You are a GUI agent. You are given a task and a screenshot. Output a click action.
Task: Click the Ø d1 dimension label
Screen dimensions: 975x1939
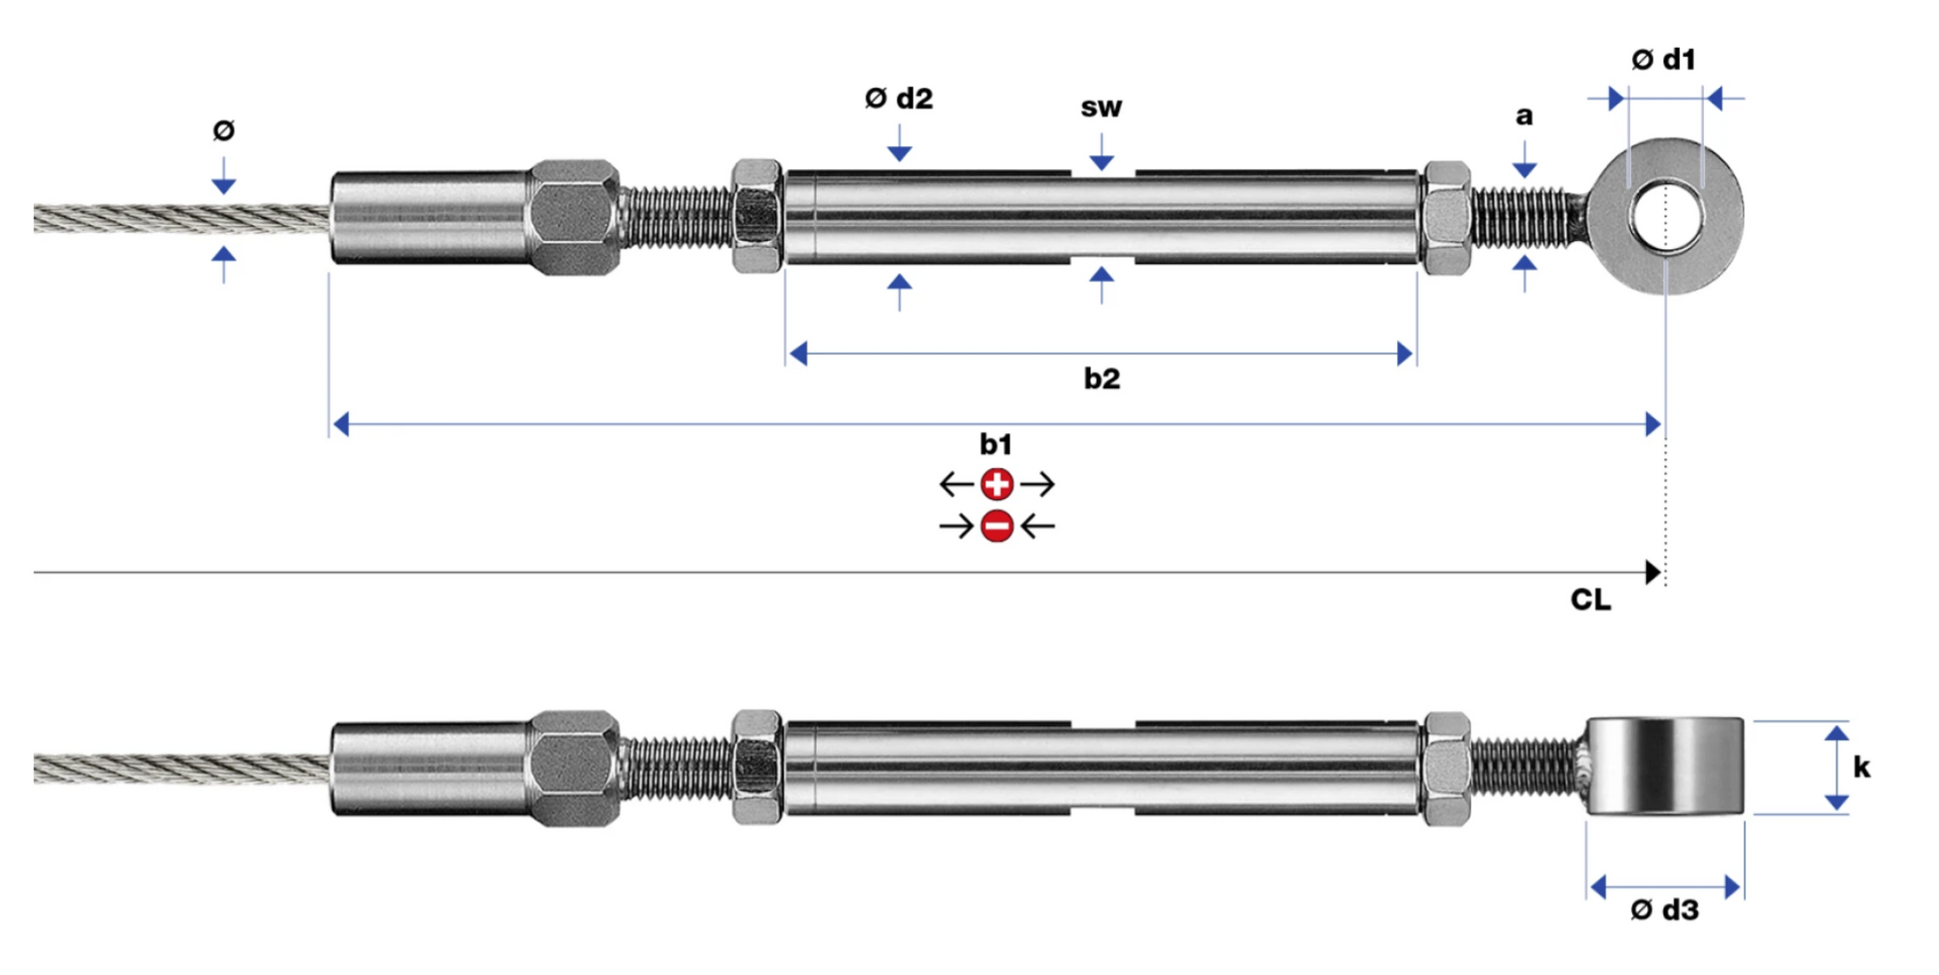click(x=1663, y=60)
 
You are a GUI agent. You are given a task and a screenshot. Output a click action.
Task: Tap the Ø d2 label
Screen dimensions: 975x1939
click(x=899, y=99)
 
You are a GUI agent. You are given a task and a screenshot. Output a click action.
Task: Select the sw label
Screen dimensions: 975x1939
click(x=1101, y=108)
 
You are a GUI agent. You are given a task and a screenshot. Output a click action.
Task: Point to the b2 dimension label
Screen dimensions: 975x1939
click(x=1102, y=378)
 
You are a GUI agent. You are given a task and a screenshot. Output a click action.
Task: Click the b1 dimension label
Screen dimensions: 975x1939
click(x=995, y=444)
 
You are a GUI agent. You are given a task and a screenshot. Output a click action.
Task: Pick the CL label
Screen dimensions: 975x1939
click(x=1590, y=600)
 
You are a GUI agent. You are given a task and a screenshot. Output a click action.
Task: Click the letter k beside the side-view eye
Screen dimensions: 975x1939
click(x=1861, y=767)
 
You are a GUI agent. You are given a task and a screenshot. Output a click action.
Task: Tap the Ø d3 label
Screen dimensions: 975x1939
click(x=1664, y=909)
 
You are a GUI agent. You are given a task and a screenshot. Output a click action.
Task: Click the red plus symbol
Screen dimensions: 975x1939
click(x=996, y=485)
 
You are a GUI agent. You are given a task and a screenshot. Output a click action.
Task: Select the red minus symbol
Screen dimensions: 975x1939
click(x=996, y=526)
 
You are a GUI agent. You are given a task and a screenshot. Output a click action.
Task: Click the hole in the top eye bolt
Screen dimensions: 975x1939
click(x=1666, y=214)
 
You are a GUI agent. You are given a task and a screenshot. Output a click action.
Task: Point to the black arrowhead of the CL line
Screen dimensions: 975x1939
click(x=1653, y=573)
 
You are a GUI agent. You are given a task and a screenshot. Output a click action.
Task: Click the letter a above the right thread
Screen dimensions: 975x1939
click(x=1523, y=117)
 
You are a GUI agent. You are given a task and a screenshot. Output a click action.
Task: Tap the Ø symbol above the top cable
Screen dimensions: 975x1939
click(x=224, y=130)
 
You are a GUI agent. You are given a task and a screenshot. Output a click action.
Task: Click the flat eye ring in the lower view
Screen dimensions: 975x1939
click(x=1665, y=767)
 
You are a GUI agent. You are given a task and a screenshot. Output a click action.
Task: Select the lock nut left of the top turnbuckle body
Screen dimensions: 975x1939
click(x=756, y=216)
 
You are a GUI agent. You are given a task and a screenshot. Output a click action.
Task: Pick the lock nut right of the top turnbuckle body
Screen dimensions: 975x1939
click(x=1446, y=217)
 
